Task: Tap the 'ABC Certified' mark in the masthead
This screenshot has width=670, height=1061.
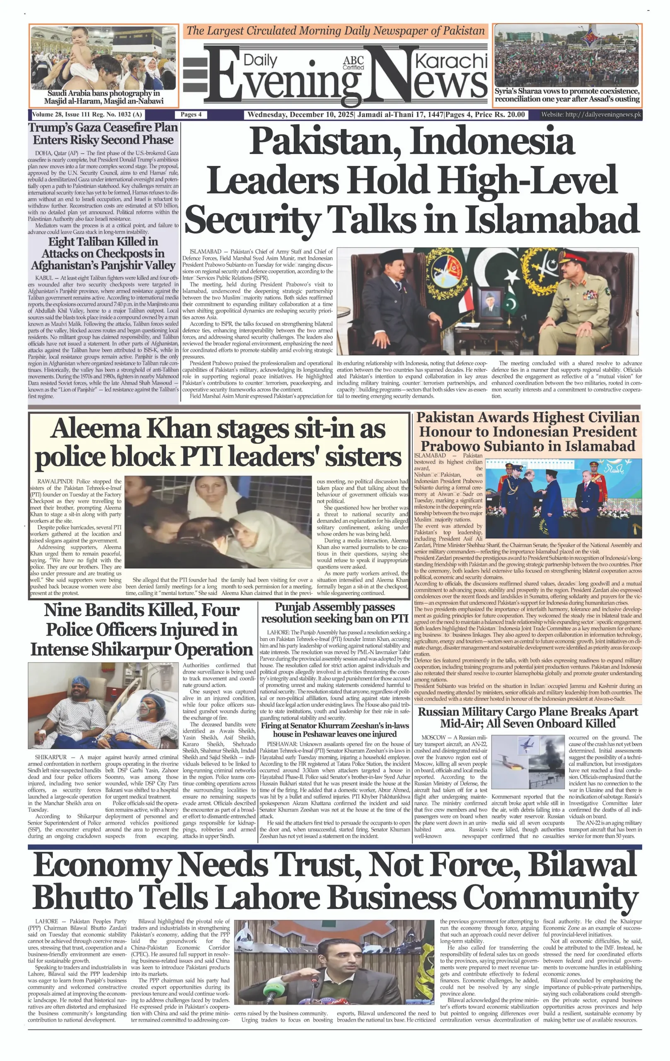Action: [353, 63]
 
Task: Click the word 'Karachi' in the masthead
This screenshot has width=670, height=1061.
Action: [451, 61]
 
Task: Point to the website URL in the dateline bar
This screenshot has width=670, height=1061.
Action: [591, 114]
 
